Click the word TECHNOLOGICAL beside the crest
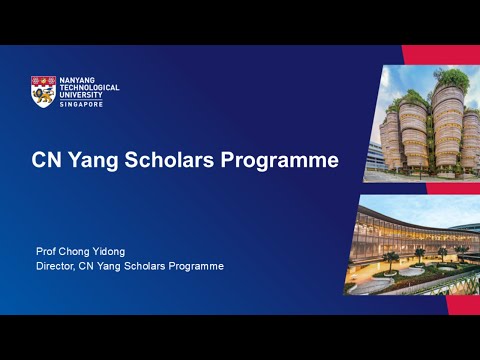click(91, 88)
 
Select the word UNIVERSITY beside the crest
click(84, 95)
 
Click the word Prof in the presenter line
click(46, 252)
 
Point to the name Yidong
click(120, 252)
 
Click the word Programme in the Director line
click(195, 266)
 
